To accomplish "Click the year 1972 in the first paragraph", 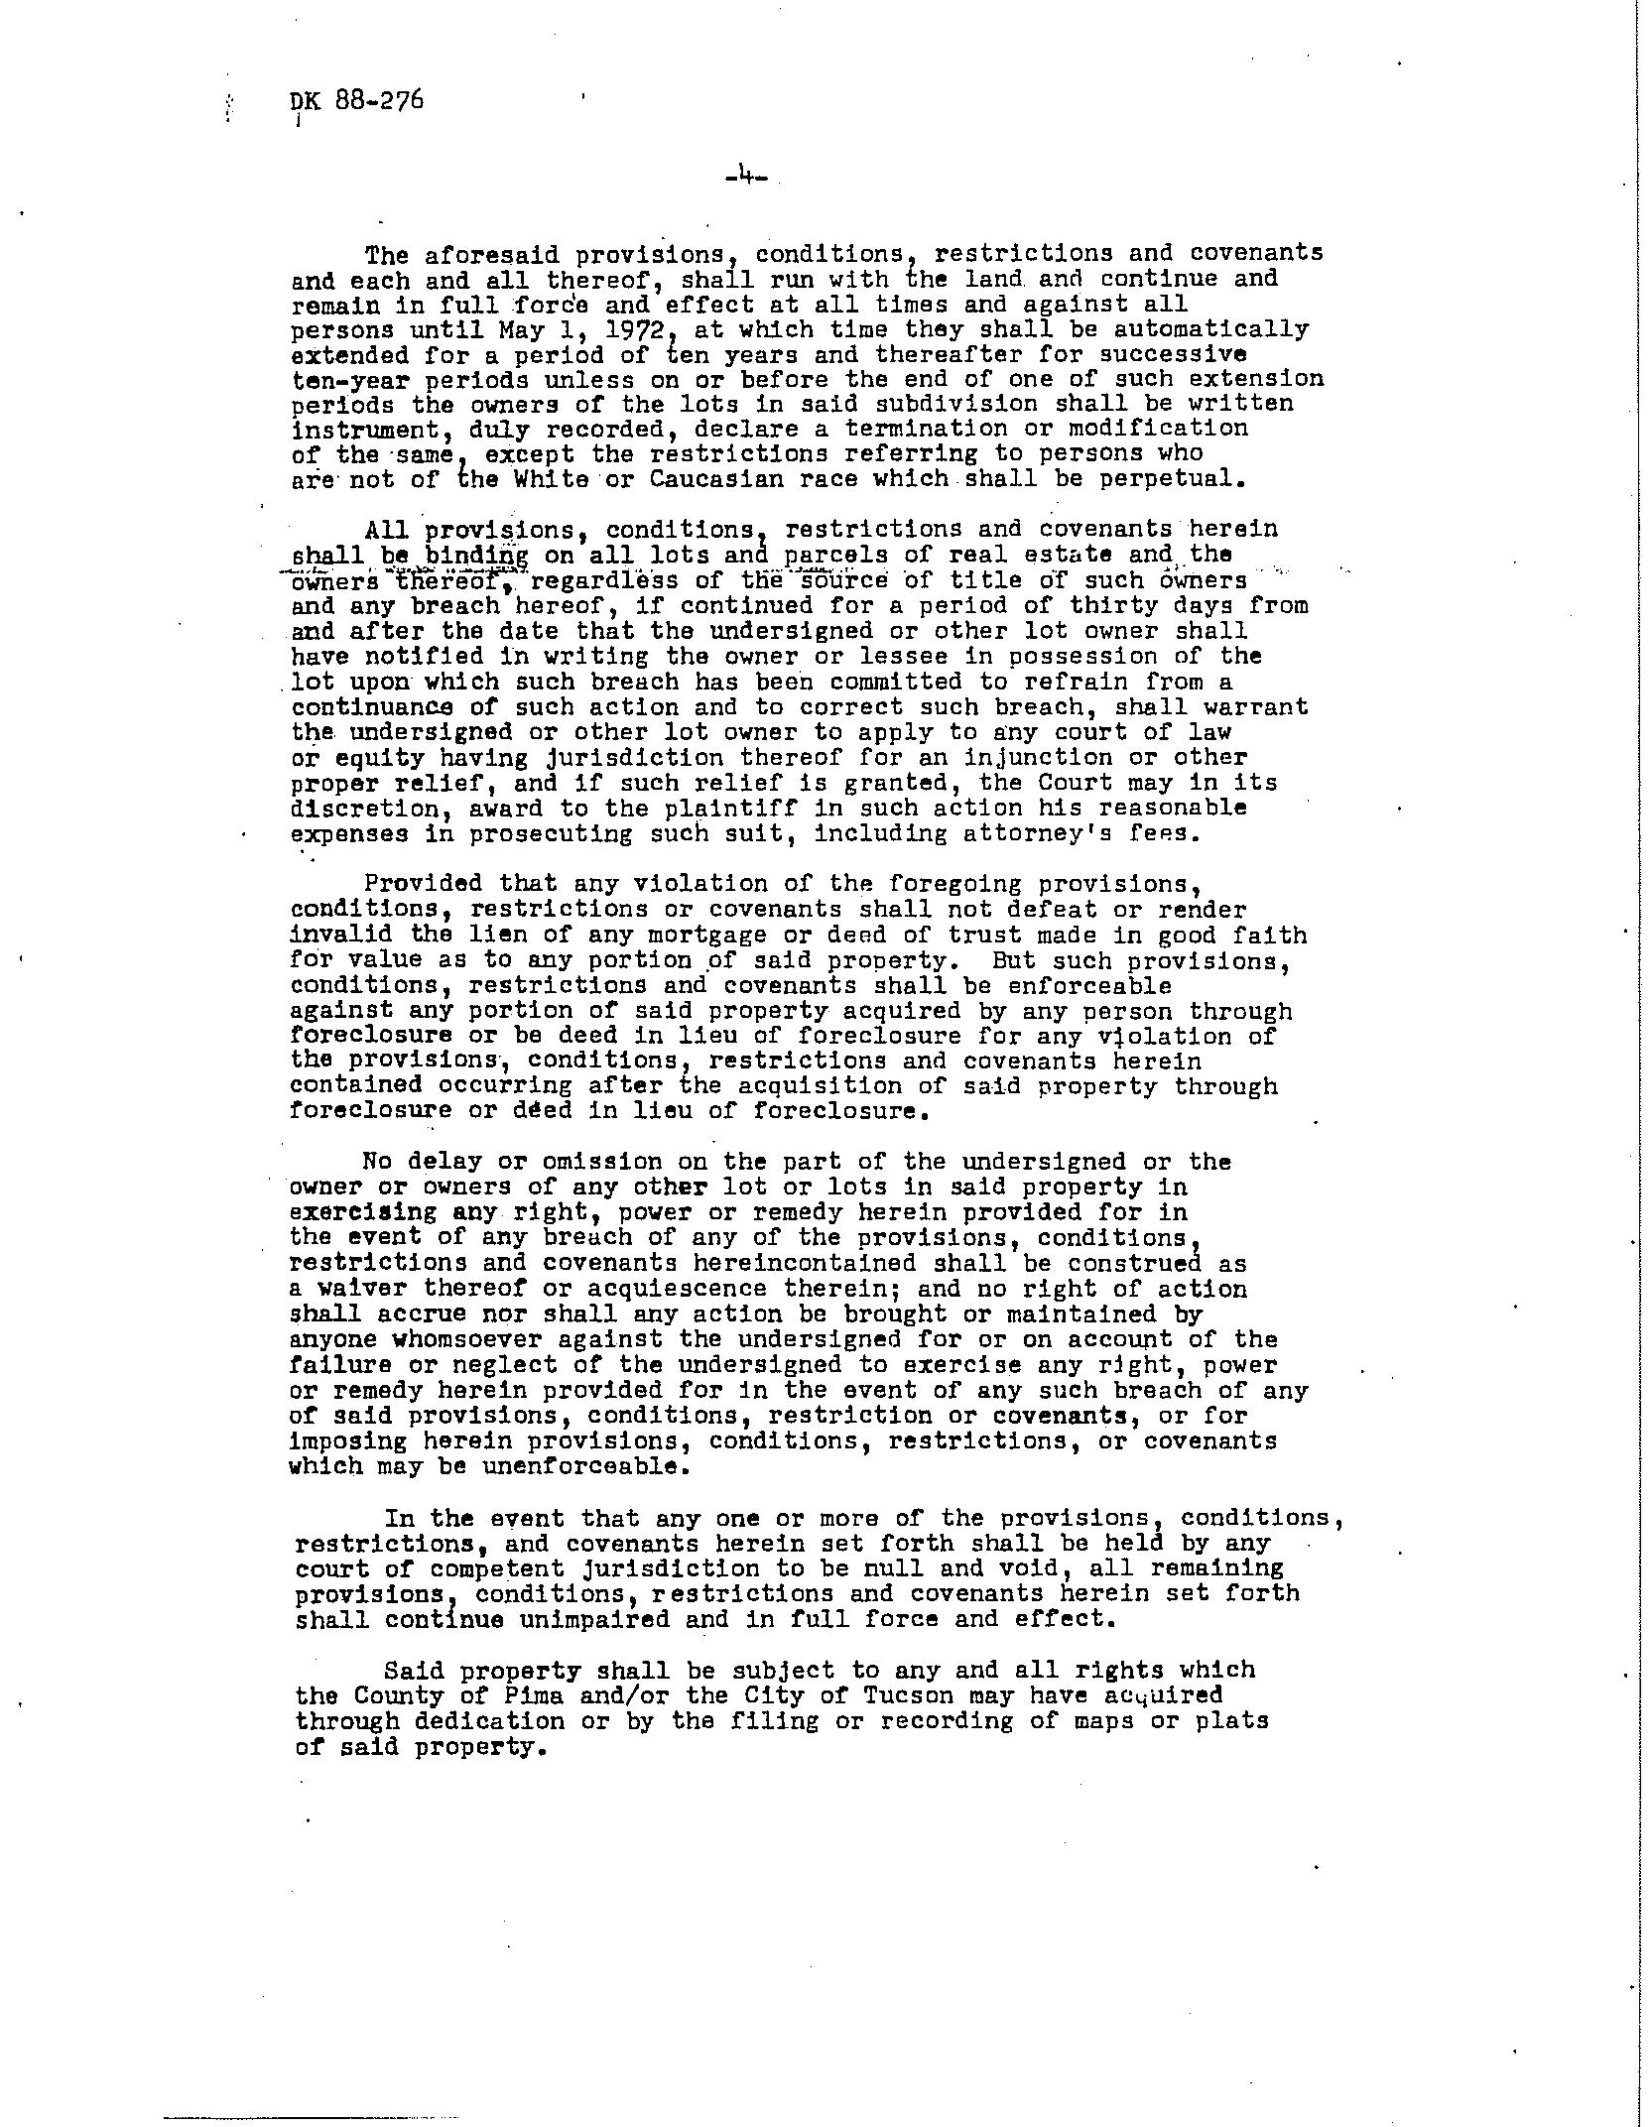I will [633, 329].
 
